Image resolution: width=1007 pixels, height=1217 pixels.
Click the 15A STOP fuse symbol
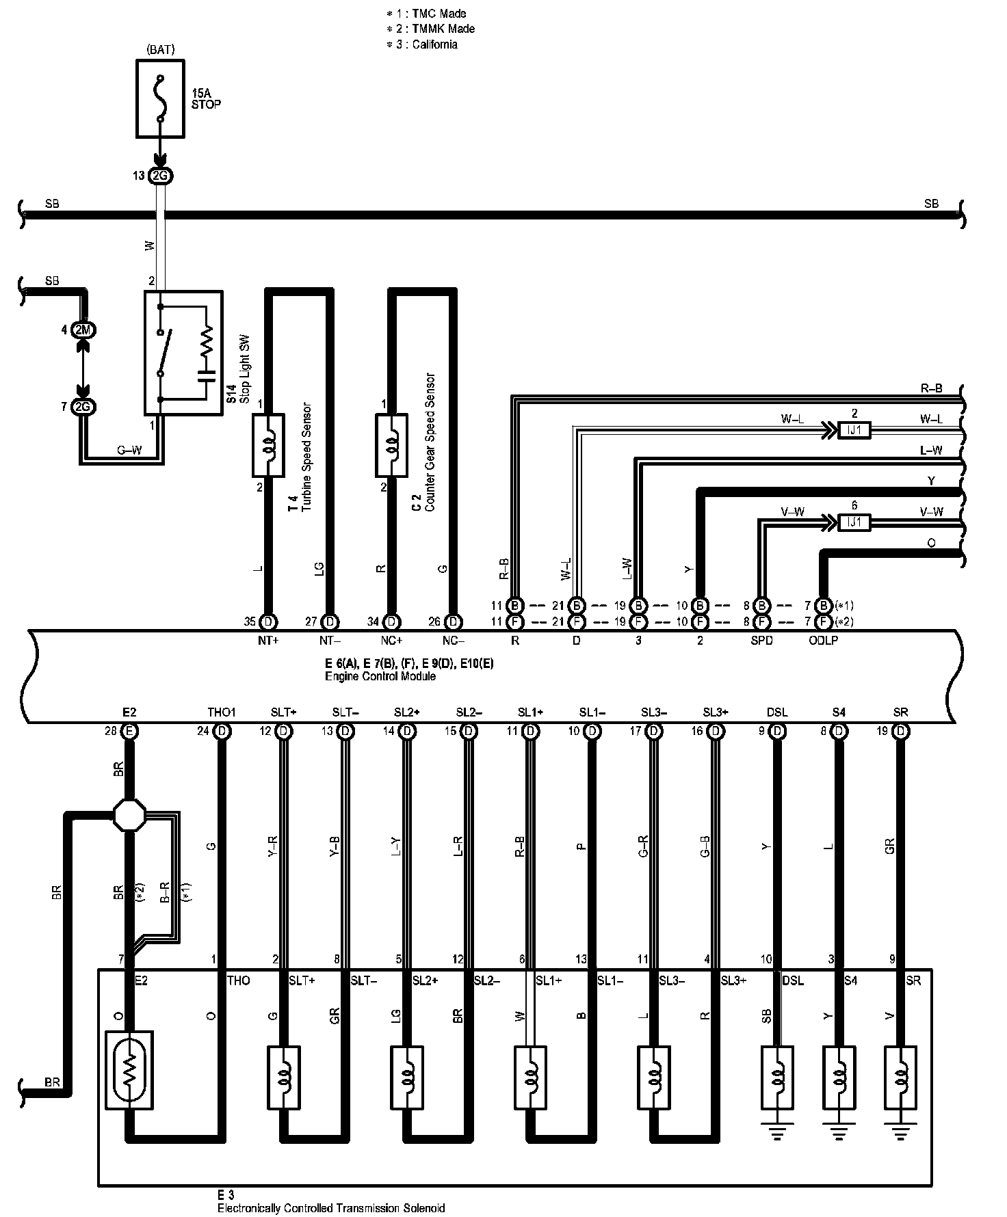[x=160, y=98]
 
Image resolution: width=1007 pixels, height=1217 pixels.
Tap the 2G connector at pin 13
[x=160, y=176]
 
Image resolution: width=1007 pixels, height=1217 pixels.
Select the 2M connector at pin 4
[x=83, y=330]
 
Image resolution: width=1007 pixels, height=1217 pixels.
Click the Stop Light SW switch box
[x=183, y=352]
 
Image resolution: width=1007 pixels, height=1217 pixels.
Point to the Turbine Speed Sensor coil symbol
[x=267, y=444]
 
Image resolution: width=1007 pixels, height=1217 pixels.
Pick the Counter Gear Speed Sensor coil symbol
[x=391, y=444]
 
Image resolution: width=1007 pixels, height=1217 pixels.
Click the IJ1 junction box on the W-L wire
[x=854, y=430]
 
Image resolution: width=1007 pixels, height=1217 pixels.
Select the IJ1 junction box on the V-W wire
[x=854, y=522]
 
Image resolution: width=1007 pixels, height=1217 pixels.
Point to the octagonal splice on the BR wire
[x=129, y=814]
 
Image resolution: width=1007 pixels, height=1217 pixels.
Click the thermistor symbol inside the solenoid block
[x=129, y=1071]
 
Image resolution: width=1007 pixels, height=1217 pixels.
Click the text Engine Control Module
[x=380, y=677]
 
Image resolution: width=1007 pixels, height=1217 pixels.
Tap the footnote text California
[x=434, y=44]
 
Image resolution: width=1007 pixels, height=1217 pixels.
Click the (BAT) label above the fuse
[x=160, y=50]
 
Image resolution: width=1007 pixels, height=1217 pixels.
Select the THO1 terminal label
[x=221, y=712]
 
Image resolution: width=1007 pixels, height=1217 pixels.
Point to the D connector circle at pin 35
[x=268, y=621]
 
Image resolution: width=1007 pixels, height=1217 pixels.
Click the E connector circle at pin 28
[x=129, y=731]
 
